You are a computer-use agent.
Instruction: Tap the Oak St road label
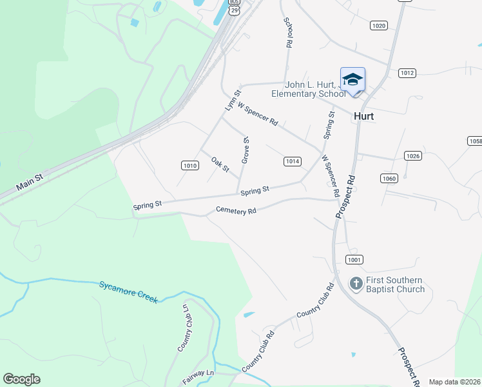[220, 164]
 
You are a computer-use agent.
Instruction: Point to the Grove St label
[246, 150]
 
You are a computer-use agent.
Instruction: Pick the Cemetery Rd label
[236, 210]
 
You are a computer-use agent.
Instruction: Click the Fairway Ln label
[198, 377]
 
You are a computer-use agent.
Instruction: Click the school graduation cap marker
[352, 80]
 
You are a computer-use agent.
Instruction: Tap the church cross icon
[356, 283]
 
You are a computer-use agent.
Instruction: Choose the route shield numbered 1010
[189, 166]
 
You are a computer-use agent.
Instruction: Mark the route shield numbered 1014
[293, 161]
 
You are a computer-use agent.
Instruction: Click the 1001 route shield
[354, 259]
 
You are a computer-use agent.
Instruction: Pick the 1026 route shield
[412, 156]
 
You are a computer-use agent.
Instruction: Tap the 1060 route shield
[389, 179]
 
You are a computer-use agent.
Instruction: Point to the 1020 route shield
[378, 25]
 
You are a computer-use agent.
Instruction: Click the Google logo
[21, 379]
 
